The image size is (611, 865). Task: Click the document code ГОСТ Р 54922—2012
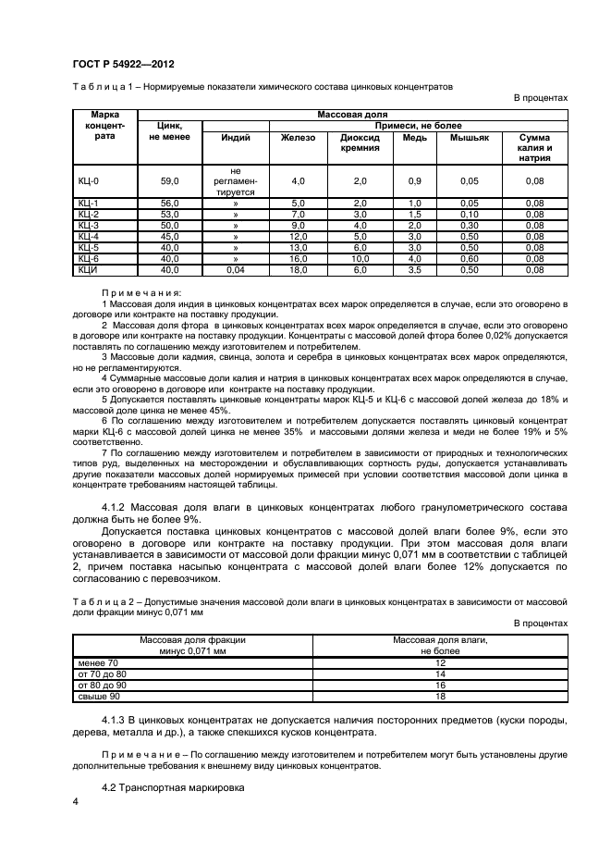123,64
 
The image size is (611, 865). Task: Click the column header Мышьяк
469,138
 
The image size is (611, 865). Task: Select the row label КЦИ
89,269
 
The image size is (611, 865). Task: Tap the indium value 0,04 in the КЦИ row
236,269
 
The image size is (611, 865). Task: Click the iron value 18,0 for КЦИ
298,269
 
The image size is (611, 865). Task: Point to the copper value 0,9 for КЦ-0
414,181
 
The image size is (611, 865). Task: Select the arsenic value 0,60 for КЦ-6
469,259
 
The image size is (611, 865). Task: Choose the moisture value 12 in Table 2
440,663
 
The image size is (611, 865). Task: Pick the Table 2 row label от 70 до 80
103,674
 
